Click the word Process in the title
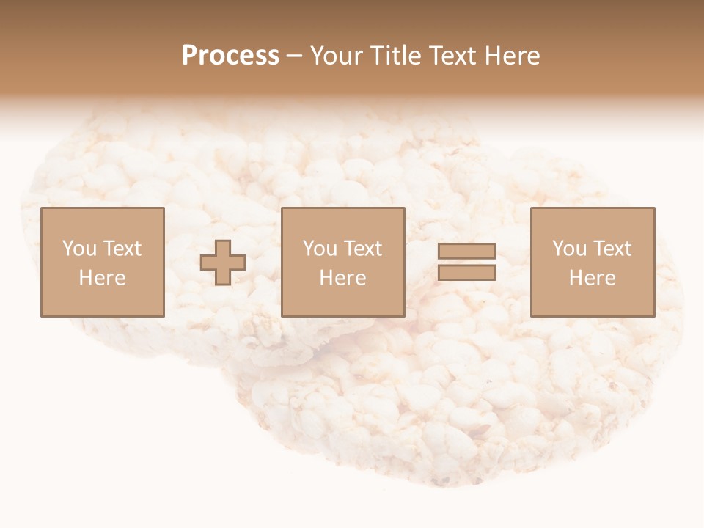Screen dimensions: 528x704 pos(230,56)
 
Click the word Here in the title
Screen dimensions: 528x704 pos(513,56)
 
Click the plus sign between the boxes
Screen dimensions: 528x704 pos(223,263)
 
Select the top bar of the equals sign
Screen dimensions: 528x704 pos(466,252)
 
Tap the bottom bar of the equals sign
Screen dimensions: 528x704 pos(466,273)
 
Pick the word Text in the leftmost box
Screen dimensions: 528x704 pos(122,249)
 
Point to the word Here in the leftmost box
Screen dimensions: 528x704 pos(102,278)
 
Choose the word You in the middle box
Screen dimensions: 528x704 pos(320,249)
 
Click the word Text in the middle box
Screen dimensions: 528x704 pos(362,249)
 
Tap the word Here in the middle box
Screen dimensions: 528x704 pos(342,278)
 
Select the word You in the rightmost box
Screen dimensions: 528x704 pos(569,249)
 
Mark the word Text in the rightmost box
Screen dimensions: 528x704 pos(612,249)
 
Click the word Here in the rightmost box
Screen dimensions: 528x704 pos(592,278)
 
